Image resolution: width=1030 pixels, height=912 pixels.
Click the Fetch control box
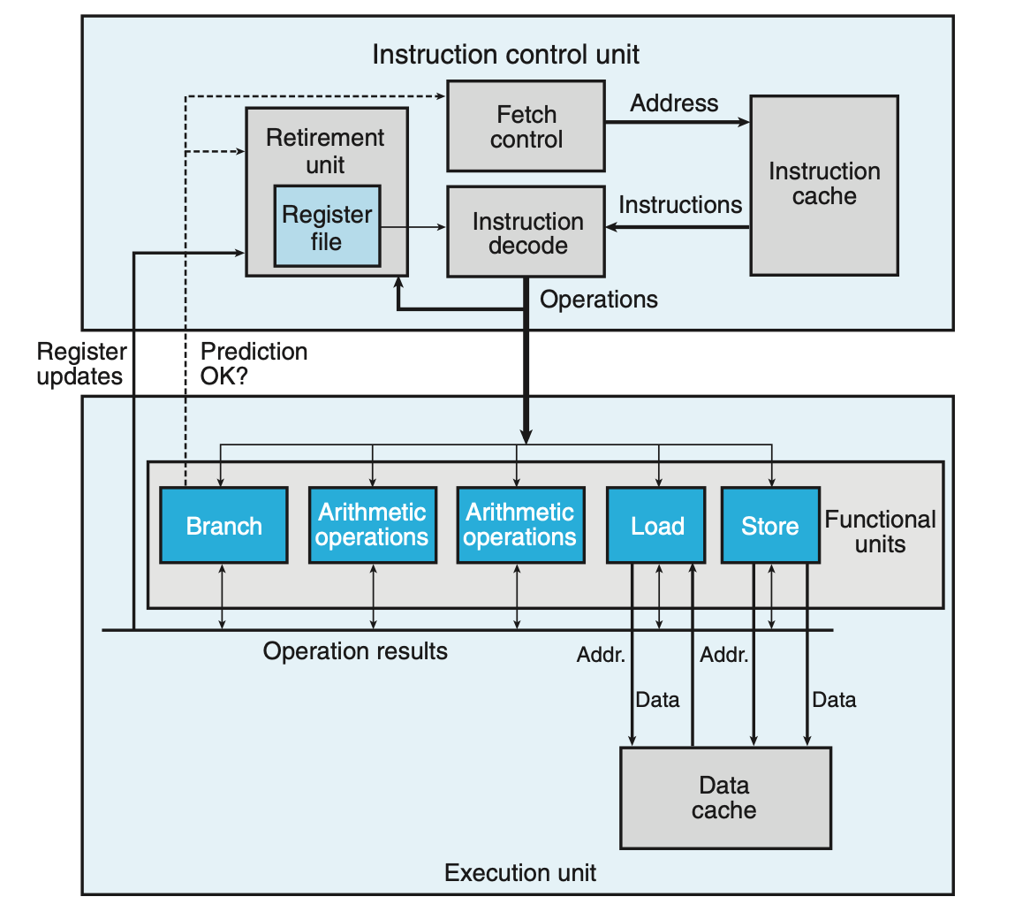pos(526,126)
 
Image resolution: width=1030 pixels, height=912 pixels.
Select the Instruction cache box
pos(824,186)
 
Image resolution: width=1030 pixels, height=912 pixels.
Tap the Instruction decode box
pos(526,232)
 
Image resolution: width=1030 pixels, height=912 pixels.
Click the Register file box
pos(327,226)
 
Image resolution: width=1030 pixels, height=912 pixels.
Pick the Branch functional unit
pos(224,525)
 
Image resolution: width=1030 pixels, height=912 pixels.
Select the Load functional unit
pos(656,525)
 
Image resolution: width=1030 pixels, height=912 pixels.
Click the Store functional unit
pos(770,525)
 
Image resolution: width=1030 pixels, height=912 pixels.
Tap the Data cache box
pos(726,798)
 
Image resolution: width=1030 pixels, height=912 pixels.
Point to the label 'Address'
pos(674,103)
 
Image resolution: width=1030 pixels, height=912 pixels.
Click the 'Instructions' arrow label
pos(680,205)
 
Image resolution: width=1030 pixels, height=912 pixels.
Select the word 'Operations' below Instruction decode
pos(598,300)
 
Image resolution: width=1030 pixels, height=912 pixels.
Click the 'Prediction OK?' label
pos(254,363)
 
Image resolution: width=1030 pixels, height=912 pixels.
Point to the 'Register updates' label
pos(80,364)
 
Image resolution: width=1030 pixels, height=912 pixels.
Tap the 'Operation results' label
pos(355,651)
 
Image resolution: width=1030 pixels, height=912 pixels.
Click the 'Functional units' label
pos(880,532)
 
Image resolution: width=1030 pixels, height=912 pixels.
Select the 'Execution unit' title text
pos(520,872)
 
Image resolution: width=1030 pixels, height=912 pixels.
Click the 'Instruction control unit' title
pos(506,55)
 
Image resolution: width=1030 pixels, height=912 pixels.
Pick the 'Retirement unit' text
pos(325,151)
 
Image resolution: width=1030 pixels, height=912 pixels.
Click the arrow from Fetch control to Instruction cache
pos(678,122)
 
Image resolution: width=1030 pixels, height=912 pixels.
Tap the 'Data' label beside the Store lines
pos(834,700)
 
